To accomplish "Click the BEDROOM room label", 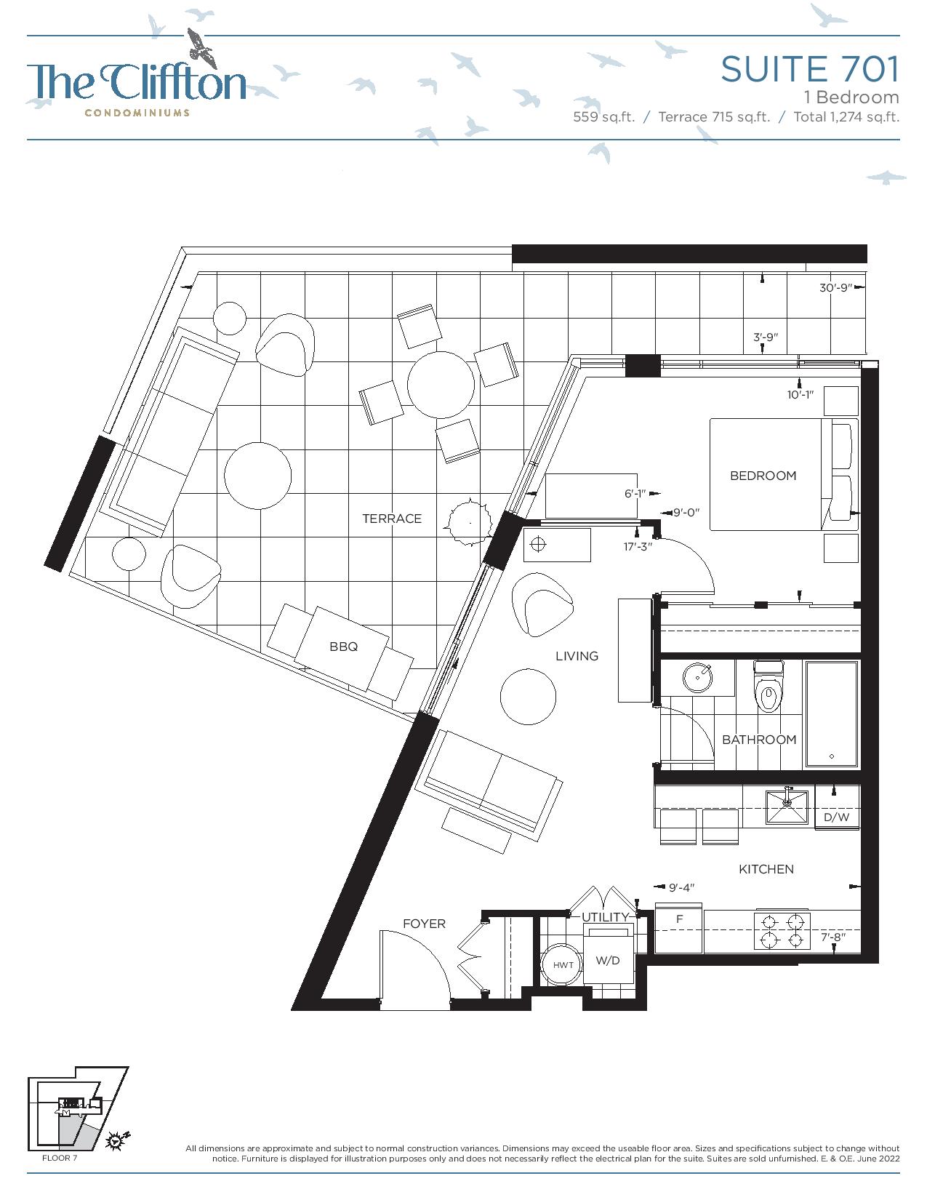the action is coord(763,476).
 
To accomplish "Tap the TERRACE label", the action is coord(391,519).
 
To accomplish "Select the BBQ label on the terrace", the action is coord(343,647).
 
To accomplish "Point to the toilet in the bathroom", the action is coord(768,687).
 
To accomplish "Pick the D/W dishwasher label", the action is coord(836,817).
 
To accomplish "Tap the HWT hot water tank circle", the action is coord(563,965).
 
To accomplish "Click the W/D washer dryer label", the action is coord(607,960).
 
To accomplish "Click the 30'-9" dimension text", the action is coord(836,288).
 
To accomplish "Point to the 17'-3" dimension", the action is coord(638,547).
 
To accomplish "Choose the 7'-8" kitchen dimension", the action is coord(832,937).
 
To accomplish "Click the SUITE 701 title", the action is coord(810,69).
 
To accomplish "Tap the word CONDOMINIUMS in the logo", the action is coord(137,113).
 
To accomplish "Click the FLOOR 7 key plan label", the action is coord(60,1158).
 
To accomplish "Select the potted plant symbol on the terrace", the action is coord(469,521).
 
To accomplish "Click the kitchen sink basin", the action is coord(787,807).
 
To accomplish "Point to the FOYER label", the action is coord(424,924).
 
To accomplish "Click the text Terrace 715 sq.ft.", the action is coord(714,117).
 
